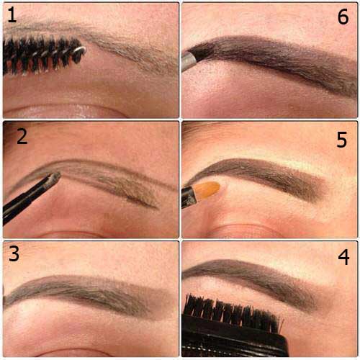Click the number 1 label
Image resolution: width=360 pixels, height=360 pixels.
[x=12, y=15]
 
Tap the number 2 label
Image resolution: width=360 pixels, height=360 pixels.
[x=22, y=137]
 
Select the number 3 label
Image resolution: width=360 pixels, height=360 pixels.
[x=14, y=253]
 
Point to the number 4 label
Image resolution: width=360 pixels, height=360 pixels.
[x=343, y=257]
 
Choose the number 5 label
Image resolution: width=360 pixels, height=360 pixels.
[x=342, y=140]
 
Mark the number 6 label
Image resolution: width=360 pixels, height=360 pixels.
[x=343, y=17]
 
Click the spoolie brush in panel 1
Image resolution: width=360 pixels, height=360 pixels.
[x=43, y=55]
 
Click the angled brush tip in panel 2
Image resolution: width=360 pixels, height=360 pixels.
[x=55, y=177]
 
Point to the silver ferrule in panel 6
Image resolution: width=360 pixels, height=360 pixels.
[x=189, y=61]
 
